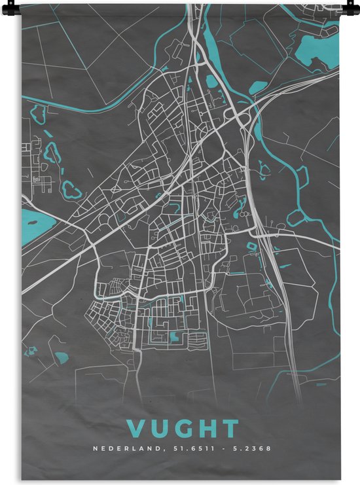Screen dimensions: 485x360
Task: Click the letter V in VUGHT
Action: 138,429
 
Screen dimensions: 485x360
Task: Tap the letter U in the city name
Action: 160,429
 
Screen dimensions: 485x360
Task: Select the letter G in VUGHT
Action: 183,429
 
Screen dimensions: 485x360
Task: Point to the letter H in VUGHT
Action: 206,429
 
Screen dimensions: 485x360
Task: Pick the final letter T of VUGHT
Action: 228,429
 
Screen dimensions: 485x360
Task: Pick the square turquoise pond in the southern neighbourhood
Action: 173,336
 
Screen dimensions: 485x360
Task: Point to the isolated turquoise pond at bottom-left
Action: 63,358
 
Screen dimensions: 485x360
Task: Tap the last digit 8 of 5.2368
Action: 268,449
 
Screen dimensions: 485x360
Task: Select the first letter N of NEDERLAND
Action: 95,449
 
